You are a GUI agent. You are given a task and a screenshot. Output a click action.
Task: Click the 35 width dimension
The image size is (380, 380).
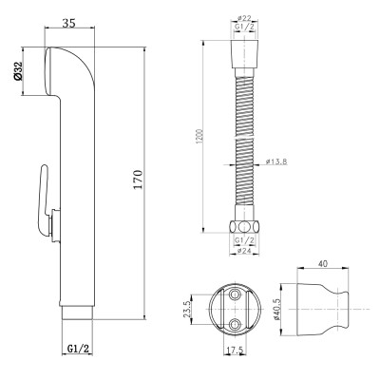(68, 23)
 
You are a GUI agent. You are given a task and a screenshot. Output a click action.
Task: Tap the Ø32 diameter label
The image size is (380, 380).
(19, 70)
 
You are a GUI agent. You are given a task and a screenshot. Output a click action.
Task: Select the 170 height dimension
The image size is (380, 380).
(138, 180)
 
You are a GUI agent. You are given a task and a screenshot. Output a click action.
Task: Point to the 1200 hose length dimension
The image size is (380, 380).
(199, 136)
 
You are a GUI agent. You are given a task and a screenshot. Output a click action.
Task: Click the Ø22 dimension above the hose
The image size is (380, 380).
(244, 19)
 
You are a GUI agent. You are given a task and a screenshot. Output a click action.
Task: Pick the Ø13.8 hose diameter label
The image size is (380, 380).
(276, 161)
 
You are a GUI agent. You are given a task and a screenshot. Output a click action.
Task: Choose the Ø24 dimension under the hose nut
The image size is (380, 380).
(244, 251)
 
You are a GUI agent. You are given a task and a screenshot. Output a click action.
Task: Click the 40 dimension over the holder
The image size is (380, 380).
(323, 263)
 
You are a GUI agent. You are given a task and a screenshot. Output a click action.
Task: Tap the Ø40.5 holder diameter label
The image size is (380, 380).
(277, 309)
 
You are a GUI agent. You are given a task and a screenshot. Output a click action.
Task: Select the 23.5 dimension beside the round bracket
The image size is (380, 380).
(186, 309)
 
